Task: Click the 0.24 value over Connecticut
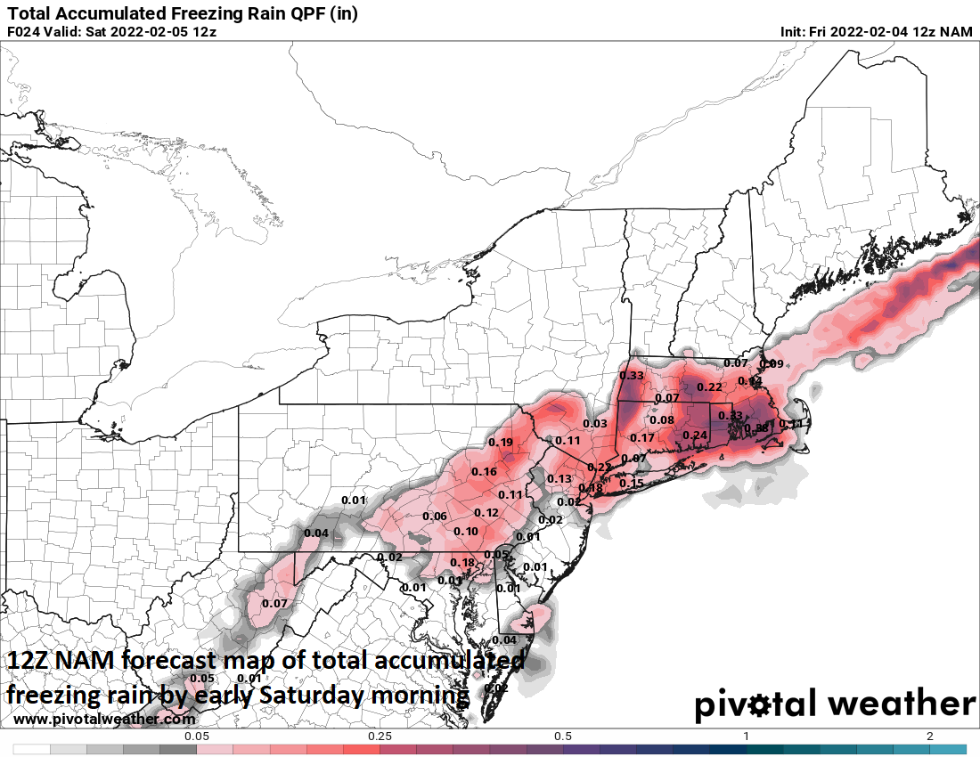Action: tap(695, 435)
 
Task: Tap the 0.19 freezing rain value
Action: tap(501, 443)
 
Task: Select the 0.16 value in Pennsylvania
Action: tap(484, 472)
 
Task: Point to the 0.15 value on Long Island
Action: tap(631, 484)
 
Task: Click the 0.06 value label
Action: tap(434, 517)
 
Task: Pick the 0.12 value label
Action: tap(486, 513)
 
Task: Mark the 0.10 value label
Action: tap(466, 532)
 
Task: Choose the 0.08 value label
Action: tap(661, 420)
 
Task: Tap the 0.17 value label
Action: tap(641, 438)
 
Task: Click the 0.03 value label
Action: tap(594, 423)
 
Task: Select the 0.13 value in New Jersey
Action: tap(559, 479)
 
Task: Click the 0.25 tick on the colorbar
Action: tap(380, 737)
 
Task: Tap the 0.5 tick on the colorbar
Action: tap(563, 737)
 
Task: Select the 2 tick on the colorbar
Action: tap(929, 737)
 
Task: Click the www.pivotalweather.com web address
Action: tap(105, 719)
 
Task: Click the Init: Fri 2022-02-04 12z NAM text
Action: tap(877, 32)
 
